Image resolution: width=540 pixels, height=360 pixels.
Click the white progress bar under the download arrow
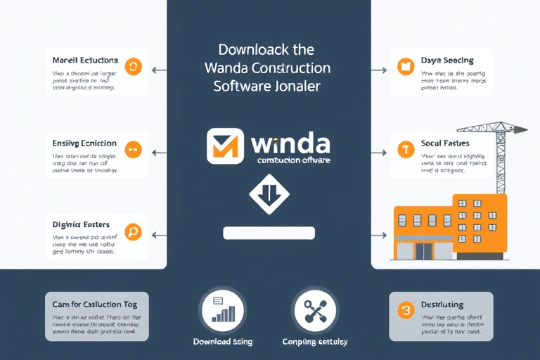269,233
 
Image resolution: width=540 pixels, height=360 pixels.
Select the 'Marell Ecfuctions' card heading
85,60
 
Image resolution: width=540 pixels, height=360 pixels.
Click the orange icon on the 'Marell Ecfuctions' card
132,67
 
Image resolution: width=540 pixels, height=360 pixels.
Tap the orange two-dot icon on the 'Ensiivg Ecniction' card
132,149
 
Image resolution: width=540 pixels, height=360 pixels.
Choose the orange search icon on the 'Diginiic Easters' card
132,232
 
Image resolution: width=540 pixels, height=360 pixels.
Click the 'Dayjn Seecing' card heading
447,60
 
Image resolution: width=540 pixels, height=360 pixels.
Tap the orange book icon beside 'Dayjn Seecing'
404,67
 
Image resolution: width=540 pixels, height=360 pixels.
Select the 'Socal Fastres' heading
446,143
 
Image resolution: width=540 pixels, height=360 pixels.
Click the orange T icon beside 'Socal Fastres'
404,150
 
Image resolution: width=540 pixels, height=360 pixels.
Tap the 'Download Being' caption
222,342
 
